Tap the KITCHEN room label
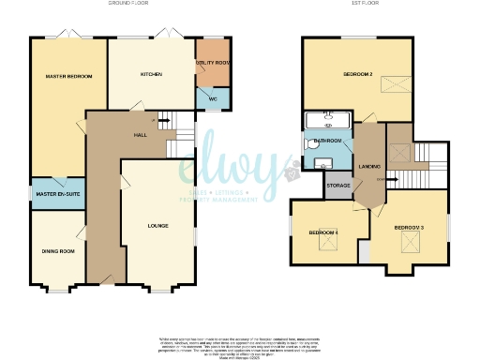152,74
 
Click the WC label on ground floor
212,97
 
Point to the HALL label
140,135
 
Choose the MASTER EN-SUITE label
56,194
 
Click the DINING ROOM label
56,250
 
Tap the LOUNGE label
157,226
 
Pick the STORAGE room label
338,186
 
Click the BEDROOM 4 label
324,232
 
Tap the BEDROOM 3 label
410,228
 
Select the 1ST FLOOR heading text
357,5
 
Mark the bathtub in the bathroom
326,120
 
